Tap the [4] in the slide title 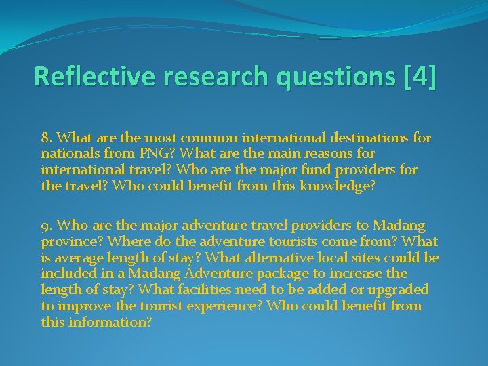(x=418, y=76)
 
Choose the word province (x=68, y=241)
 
